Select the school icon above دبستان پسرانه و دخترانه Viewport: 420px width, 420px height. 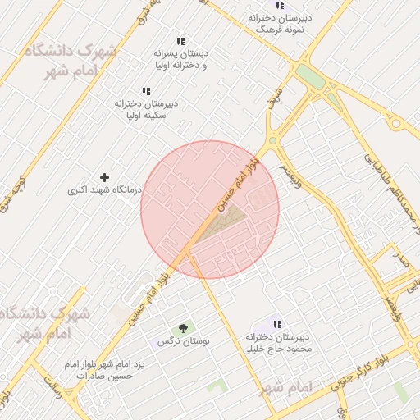[x=180, y=41]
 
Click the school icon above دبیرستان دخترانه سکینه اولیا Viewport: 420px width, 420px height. [x=146, y=91]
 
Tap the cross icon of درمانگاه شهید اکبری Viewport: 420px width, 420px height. [x=104, y=177]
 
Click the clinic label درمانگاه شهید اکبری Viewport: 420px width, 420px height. [x=104, y=190]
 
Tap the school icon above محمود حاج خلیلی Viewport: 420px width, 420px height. [x=277, y=324]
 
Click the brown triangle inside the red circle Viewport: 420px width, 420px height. [x=227, y=219]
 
